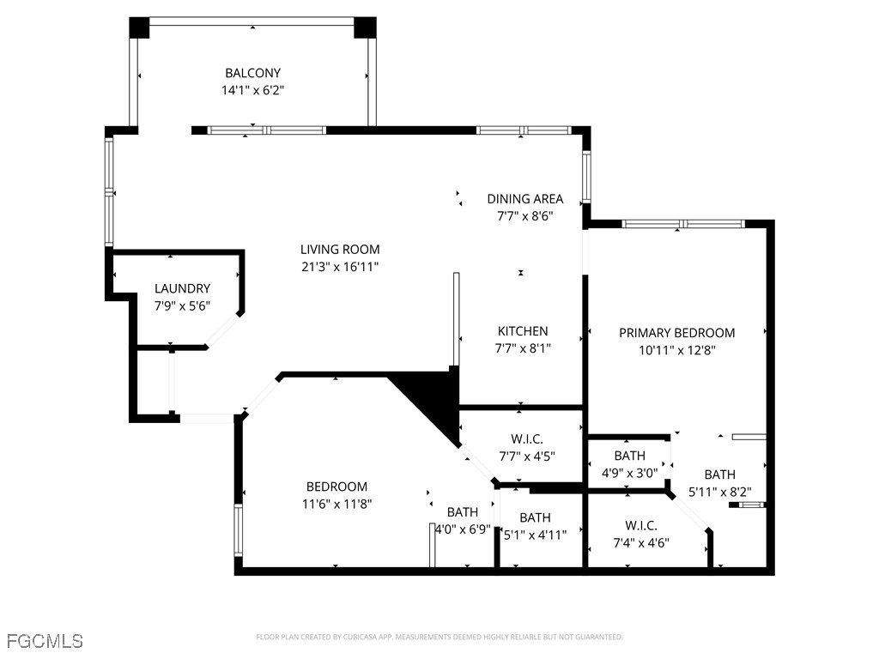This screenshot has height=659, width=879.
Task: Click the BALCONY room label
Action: point(252,73)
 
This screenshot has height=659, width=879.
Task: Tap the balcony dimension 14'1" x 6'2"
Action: point(252,89)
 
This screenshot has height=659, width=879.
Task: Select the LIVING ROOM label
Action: point(340,250)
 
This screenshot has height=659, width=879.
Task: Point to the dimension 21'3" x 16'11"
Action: point(340,267)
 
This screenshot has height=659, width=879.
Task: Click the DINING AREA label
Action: point(525,199)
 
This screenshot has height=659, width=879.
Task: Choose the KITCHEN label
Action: point(523,331)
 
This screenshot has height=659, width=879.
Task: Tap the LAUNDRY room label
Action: point(182,289)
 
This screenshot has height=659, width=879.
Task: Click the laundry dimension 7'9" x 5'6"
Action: point(182,305)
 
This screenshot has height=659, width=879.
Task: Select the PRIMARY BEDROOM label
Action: point(677,333)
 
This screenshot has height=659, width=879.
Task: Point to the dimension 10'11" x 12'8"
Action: point(677,350)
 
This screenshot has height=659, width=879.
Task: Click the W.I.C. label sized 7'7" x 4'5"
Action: point(526,439)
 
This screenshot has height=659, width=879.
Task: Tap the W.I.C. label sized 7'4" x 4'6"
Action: point(641,525)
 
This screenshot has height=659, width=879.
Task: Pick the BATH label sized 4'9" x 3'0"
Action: point(629,456)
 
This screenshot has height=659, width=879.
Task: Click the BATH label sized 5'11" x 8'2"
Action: point(719,475)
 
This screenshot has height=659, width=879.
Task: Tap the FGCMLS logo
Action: point(45,640)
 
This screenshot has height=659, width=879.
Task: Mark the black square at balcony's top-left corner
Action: point(139,27)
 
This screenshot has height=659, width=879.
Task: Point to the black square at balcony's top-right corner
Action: point(366,27)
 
